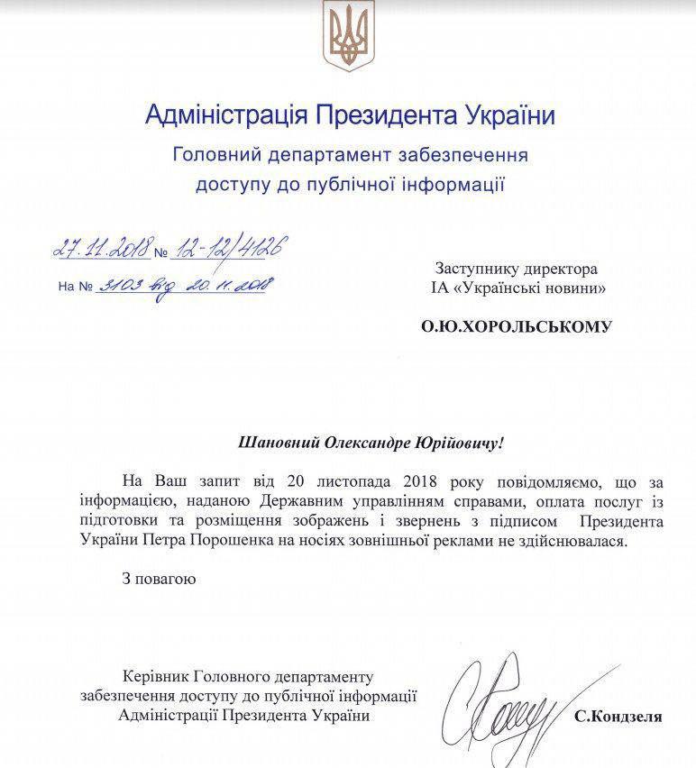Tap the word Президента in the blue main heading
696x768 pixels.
[x=386, y=116]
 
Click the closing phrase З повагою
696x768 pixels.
[x=159, y=578]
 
